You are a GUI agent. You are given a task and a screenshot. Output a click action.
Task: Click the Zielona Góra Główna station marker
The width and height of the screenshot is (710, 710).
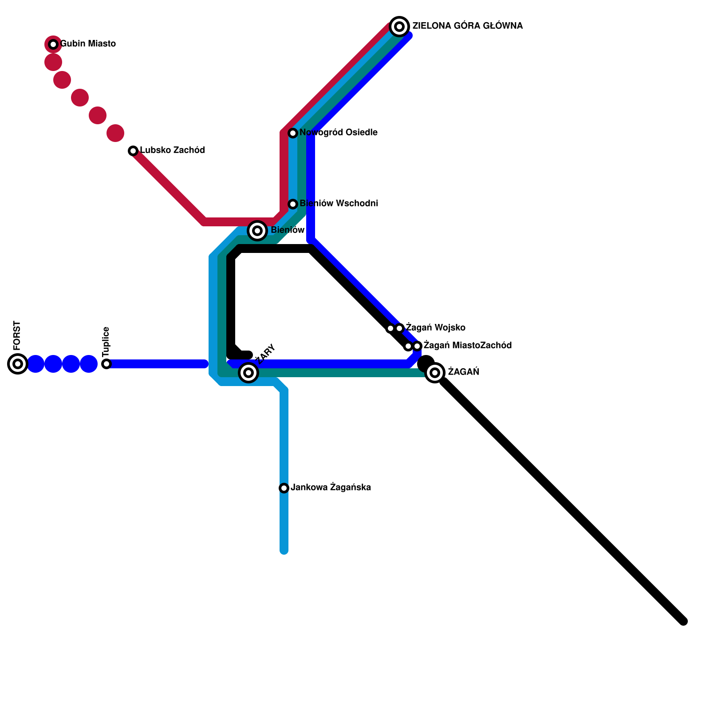(x=399, y=27)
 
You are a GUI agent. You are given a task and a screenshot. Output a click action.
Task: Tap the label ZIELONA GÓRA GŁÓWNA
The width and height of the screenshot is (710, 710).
(x=467, y=26)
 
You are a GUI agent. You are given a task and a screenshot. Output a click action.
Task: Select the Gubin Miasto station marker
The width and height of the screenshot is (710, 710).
(x=53, y=44)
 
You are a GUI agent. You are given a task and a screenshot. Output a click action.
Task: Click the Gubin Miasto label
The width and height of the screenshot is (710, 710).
(x=88, y=44)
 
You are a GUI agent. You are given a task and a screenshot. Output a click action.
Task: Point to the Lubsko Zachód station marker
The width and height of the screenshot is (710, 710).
(x=133, y=151)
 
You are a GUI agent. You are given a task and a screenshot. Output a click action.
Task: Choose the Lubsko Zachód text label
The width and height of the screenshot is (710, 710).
(x=172, y=150)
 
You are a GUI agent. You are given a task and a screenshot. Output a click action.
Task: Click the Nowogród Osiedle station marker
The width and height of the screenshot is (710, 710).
(x=293, y=133)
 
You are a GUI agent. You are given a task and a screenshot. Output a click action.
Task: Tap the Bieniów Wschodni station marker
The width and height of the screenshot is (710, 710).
(x=293, y=204)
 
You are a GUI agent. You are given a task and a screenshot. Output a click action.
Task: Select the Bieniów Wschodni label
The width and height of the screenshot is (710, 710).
(x=339, y=204)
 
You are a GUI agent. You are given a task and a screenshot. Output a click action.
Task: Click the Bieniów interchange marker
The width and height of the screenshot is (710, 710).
(x=257, y=231)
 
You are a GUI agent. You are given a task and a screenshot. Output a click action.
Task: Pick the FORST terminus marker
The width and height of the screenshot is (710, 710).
(x=18, y=364)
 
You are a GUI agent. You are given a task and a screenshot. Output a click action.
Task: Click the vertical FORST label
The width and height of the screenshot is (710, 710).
(x=17, y=335)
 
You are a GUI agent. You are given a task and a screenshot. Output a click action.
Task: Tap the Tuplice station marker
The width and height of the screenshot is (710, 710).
(x=106, y=364)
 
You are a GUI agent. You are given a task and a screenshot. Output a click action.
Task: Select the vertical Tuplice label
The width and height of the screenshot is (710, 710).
(x=106, y=342)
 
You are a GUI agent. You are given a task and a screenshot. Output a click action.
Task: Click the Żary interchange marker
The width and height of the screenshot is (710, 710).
(x=248, y=373)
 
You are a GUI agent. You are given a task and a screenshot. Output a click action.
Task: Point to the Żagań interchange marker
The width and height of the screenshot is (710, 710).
(x=435, y=373)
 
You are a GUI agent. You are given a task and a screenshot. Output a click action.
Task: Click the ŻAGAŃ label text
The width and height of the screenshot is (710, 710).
(x=463, y=372)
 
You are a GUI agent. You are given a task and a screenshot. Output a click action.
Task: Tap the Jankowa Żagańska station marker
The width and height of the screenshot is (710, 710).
(x=284, y=488)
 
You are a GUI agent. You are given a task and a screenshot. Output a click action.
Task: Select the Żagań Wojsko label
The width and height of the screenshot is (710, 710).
(x=435, y=328)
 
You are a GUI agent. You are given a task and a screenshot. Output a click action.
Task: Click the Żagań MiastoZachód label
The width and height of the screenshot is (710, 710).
(x=467, y=346)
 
